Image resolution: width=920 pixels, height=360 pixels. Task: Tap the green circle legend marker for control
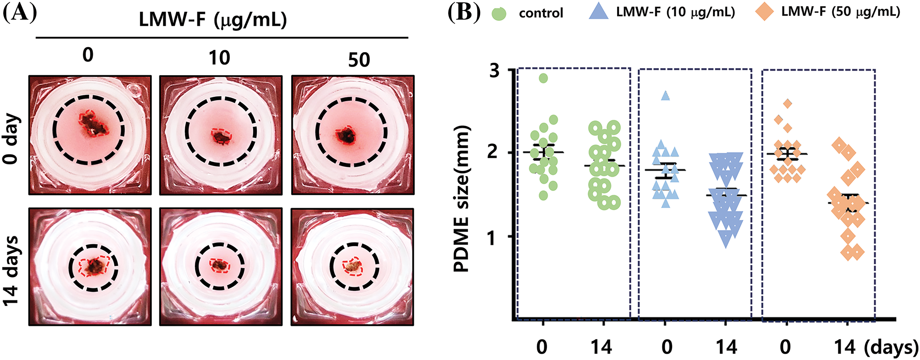(499, 13)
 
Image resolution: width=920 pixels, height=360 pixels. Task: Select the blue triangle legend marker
(598, 12)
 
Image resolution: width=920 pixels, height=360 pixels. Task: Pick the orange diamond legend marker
(765, 12)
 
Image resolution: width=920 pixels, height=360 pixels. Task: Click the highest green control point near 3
(543, 78)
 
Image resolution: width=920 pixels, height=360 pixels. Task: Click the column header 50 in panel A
(358, 60)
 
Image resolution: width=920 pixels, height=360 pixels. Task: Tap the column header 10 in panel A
(219, 58)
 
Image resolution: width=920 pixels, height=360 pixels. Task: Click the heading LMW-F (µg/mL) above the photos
(213, 20)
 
